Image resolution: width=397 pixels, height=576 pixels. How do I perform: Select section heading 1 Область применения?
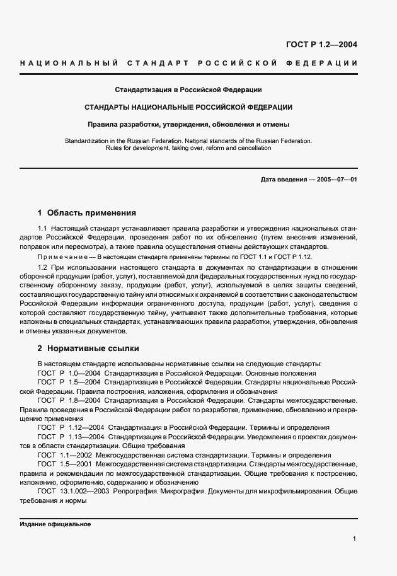[87, 213]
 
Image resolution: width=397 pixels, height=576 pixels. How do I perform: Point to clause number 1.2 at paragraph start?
[42, 268]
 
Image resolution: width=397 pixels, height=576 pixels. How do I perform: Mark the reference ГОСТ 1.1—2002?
[65, 454]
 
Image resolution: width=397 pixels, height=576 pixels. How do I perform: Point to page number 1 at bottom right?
[355, 539]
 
